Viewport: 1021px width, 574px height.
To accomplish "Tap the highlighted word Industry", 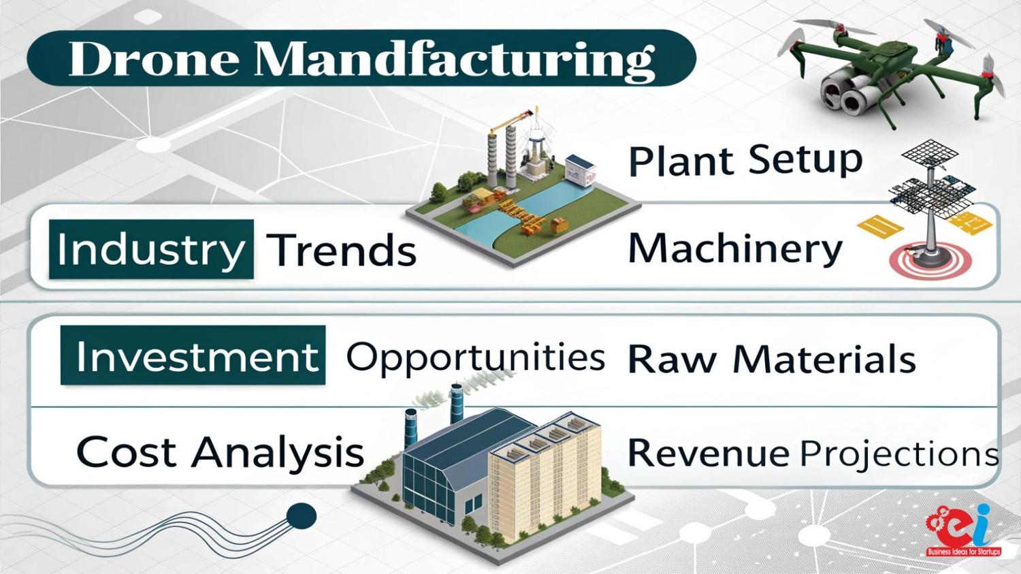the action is [x=150, y=250].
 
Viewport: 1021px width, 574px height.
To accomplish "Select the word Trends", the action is [x=341, y=251].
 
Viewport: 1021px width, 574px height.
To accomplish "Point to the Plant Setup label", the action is [x=745, y=161].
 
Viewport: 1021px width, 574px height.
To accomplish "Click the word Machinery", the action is [x=734, y=251].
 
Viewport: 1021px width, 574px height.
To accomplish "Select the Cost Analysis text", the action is [x=221, y=451].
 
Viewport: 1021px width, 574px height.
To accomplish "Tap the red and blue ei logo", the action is [x=963, y=529].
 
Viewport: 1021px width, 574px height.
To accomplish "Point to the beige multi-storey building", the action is [x=545, y=474].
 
